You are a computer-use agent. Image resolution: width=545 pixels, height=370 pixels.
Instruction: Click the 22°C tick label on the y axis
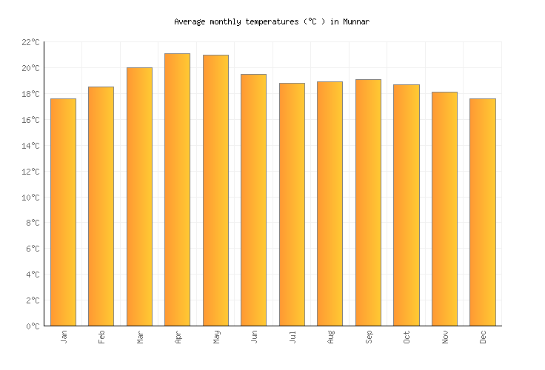pos(30,43)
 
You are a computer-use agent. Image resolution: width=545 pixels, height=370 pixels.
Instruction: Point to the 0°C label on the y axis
pos(33,326)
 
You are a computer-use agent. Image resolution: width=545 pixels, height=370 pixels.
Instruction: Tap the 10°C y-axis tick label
pos(30,198)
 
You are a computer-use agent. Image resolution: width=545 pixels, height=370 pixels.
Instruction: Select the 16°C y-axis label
pos(30,120)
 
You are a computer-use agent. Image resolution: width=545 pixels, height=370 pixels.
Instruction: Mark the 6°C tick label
pos(33,249)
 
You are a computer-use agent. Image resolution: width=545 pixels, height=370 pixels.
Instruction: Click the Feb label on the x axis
pos(102,337)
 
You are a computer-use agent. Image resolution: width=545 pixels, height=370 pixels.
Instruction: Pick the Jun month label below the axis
pos(254,337)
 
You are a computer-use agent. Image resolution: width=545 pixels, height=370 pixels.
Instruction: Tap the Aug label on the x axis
pos(330,337)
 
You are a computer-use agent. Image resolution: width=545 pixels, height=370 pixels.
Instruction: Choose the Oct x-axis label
pos(407,337)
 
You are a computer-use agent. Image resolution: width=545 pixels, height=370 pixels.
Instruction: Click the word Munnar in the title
pos(356,22)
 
